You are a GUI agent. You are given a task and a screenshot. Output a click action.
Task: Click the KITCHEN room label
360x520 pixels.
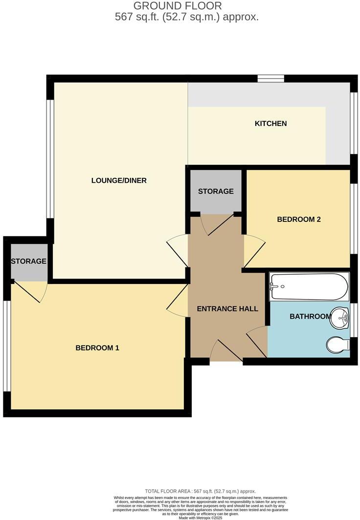click(270, 124)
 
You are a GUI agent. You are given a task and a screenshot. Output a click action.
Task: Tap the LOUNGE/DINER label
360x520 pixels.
click(119, 180)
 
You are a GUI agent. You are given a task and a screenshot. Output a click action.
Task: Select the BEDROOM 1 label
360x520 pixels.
click(97, 348)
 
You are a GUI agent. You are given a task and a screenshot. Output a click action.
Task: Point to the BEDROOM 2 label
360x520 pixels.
click(298, 219)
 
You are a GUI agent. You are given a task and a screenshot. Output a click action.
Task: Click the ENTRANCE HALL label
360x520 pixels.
click(227, 309)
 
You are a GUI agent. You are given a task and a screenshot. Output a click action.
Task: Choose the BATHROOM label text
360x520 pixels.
click(310, 317)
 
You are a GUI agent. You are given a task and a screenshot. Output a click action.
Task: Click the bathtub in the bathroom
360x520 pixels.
click(309, 286)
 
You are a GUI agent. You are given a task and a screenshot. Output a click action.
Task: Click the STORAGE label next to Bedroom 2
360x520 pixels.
click(216, 191)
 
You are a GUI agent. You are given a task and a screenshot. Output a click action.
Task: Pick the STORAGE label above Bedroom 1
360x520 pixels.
click(29, 261)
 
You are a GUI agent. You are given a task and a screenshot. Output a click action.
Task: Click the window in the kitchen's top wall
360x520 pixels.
click(271, 78)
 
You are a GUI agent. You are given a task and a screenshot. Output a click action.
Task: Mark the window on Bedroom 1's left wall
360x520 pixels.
click(6, 346)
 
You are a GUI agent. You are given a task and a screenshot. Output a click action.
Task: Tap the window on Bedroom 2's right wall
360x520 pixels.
click(354, 218)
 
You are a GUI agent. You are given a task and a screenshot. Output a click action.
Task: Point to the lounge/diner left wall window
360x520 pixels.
click(49, 158)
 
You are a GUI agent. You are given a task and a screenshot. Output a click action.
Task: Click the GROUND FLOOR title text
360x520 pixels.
click(178, 6)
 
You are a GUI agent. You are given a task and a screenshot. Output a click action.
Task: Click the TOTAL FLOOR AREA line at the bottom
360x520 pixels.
click(201, 491)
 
